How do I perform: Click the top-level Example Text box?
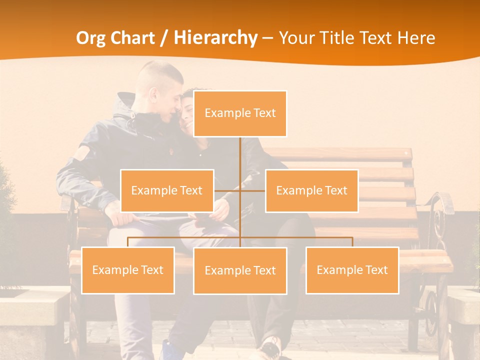(240, 113)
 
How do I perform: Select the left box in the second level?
(167, 190)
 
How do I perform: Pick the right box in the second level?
(311, 190)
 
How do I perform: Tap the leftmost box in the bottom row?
(128, 270)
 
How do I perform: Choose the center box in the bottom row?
(240, 270)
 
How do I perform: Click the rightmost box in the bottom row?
(352, 270)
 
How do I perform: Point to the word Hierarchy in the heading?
(215, 38)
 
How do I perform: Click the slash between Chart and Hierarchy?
(163, 38)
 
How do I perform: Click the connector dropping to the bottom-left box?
(128, 242)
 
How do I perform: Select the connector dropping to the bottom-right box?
(352, 242)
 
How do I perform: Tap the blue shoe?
(167, 349)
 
